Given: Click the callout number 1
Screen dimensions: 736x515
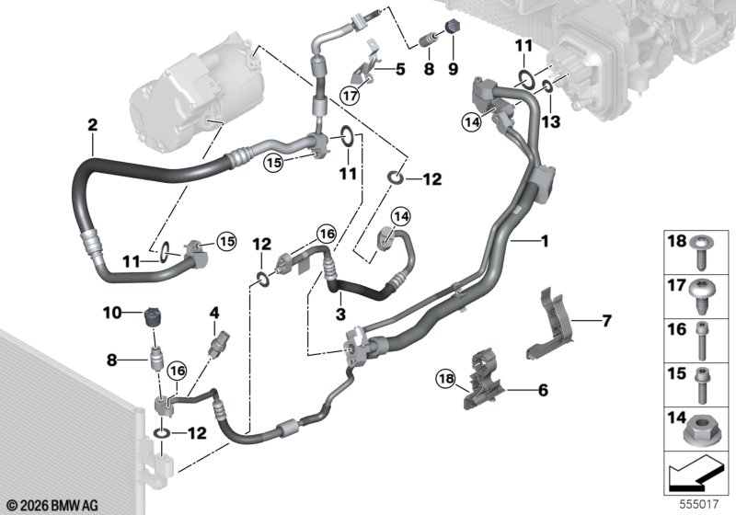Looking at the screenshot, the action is (545, 242).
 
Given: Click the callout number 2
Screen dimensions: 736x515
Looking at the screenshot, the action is (93, 125).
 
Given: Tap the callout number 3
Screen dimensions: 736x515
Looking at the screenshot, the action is (340, 314).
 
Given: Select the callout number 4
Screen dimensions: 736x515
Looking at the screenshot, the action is (214, 313).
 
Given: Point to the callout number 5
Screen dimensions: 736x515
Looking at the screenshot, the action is (400, 69).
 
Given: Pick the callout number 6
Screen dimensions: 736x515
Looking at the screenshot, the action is (543, 390).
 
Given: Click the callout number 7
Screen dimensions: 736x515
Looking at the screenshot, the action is (606, 321).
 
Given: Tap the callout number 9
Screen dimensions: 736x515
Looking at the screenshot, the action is (453, 69).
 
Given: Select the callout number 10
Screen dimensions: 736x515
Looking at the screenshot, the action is (112, 313).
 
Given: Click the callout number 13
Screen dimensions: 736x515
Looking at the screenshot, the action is (550, 122).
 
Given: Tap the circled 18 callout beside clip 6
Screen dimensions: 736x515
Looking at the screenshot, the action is (445, 378).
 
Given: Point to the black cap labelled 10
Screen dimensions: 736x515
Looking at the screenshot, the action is (154, 316).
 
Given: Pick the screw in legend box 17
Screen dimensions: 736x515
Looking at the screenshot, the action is (702, 296).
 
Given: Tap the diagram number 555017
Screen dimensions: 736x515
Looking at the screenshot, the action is (699, 504).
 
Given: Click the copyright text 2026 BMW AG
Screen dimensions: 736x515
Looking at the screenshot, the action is (52, 506).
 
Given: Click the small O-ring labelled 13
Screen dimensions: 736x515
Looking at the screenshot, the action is (547, 86).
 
